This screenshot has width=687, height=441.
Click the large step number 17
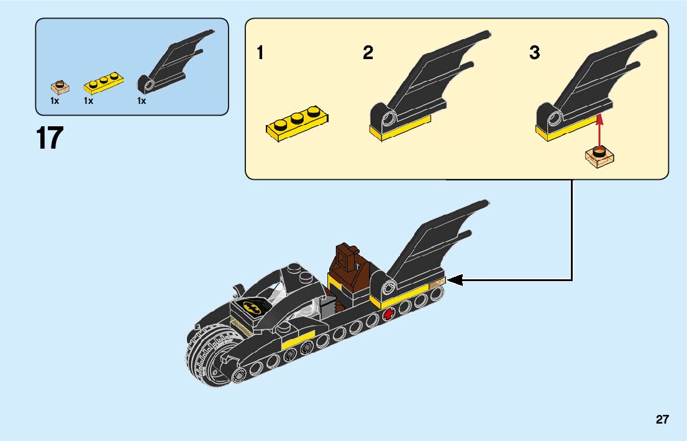(x=50, y=138)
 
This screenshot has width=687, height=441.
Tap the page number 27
(x=662, y=420)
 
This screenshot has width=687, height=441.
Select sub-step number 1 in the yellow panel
(x=260, y=53)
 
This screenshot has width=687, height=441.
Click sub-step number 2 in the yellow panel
(x=368, y=53)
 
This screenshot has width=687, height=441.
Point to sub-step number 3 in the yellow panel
(x=534, y=53)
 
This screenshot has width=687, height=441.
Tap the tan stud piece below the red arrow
(x=600, y=156)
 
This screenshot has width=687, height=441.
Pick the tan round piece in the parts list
(x=60, y=86)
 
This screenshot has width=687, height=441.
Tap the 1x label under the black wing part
(x=142, y=101)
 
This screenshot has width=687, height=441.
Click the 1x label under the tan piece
(x=55, y=101)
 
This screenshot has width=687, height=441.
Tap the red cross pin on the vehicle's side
(x=389, y=313)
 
